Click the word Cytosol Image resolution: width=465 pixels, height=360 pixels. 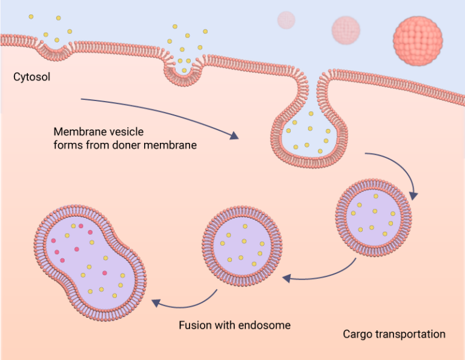[31, 77]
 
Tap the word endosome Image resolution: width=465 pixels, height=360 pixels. [266, 326]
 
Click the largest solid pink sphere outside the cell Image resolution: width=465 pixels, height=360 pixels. [417, 41]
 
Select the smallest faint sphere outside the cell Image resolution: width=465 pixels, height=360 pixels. [286, 20]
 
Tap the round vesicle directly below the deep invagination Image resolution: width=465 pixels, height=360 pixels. [374, 216]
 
